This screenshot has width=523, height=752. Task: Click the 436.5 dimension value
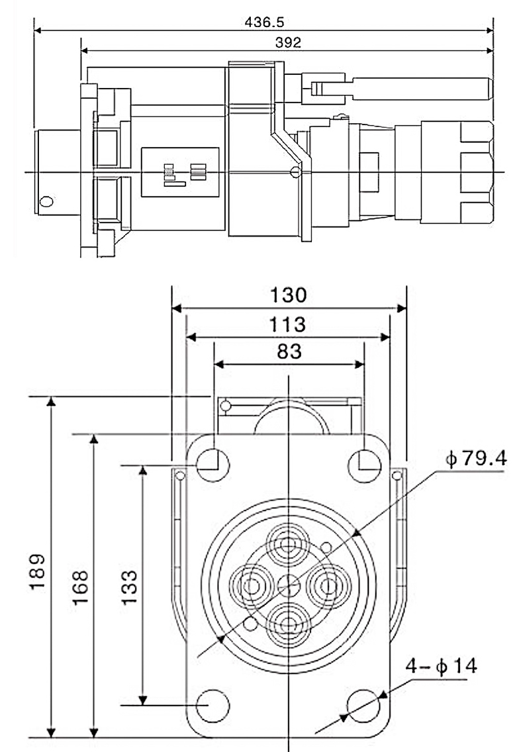264,22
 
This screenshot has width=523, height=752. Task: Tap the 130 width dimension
288,295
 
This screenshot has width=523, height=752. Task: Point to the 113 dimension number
288,324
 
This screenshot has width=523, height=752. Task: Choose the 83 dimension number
288,351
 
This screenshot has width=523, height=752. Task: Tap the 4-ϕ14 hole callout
442,666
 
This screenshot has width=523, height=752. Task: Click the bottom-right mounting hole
363,703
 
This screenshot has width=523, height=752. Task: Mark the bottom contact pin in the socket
288,622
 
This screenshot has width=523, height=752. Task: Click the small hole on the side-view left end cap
46,201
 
